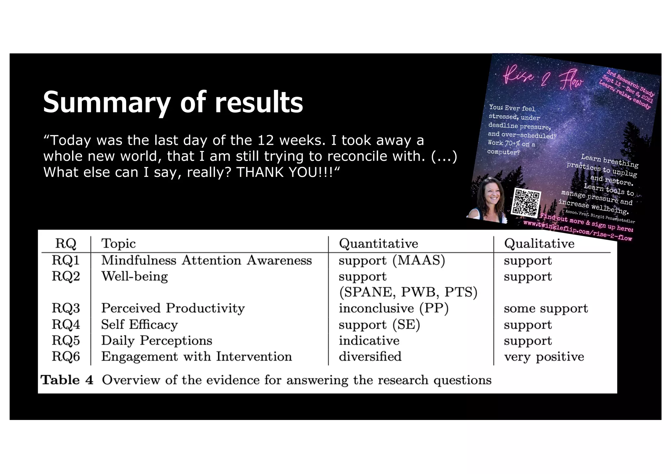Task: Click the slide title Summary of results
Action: pos(173,102)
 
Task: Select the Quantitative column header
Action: pos(378,244)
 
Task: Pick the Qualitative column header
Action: pos(539,244)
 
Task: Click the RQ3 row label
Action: pos(66,308)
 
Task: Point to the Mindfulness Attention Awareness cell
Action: pos(206,260)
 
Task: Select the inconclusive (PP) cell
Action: pos(393,308)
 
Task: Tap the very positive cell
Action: pos(544,357)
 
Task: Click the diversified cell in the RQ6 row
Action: pos(370,356)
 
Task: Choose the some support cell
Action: pos(546,308)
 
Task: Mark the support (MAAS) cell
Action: pos(392,260)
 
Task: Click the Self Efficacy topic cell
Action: pos(140,325)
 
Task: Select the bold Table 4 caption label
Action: pos(67,380)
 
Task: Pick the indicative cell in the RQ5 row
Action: pos(369,341)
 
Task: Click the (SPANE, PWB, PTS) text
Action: pos(408,292)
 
